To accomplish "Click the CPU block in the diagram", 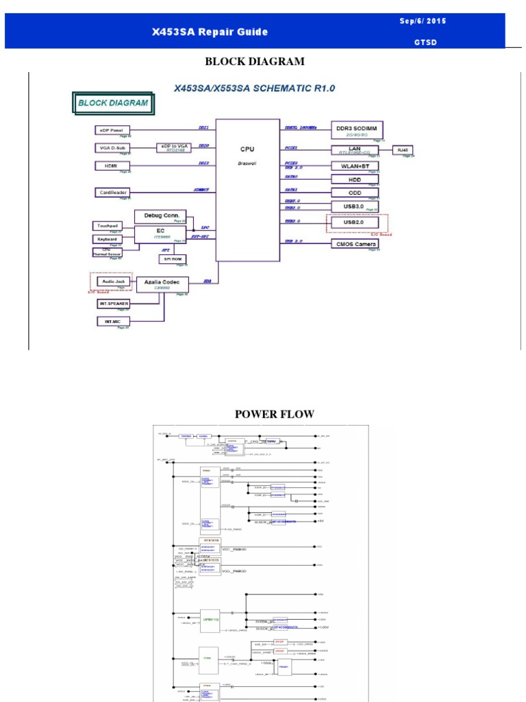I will pyautogui.click(x=247, y=189).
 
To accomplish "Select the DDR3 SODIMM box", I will pyautogui.click(x=357, y=130).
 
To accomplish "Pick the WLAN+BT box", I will pyautogui.click(x=355, y=165).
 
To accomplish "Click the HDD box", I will pyautogui.click(x=355, y=179).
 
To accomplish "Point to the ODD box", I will pyautogui.click(x=355, y=193).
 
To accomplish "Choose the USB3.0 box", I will pyautogui.click(x=355, y=206).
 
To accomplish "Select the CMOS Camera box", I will pyautogui.click(x=355, y=243).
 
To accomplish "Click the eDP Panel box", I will pyautogui.click(x=112, y=130).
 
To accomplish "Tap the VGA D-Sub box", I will pyautogui.click(x=112, y=147).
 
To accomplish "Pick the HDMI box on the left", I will pyautogui.click(x=112, y=165).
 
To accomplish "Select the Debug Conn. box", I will pyautogui.click(x=160, y=216).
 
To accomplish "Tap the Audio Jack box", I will pyautogui.click(x=113, y=281).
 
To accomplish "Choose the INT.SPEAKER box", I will pyautogui.click(x=113, y=303).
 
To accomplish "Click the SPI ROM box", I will pyautogui.click(x=172, y=258).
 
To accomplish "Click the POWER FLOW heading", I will pyautogui.click(x=275, y=414).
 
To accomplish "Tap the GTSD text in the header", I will pyautogui.click(x=425, y=42).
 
